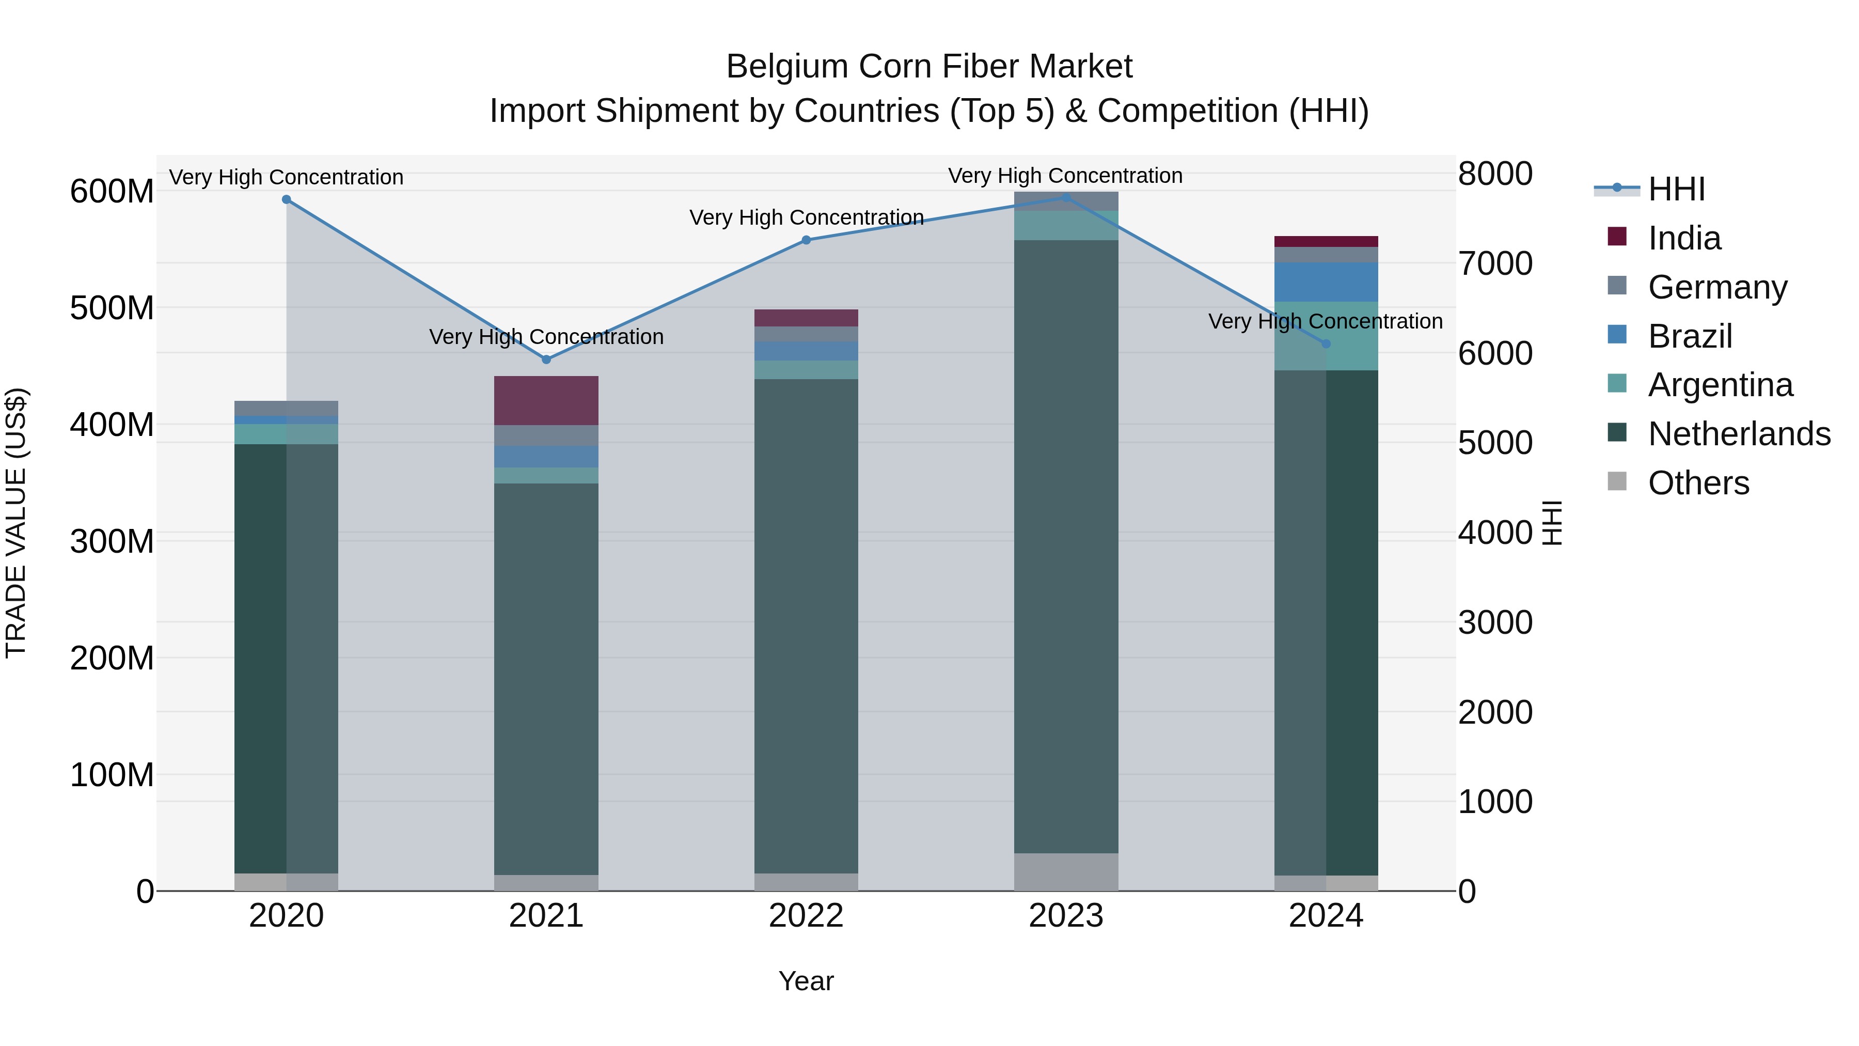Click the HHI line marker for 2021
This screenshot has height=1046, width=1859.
click(x=546, y=360)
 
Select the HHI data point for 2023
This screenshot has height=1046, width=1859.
click(x=1066, y=197)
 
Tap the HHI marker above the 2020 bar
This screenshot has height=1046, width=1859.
click(x=287, y=199)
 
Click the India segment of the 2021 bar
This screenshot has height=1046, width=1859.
click(x=546, y=401)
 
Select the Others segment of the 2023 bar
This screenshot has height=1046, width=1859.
click(x=1066, y=871)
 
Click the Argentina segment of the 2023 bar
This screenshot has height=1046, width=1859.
click(x=1066, y=225)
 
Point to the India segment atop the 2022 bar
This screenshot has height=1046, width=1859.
click(x=806, y=318)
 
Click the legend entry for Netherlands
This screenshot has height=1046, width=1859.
click(x=1739, y=434)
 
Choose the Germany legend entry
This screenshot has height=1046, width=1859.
click(x=1718, y=287)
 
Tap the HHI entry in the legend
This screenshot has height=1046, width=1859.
click(x=1676, y=189)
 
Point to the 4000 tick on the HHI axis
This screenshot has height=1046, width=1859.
click(x=1494, y=533)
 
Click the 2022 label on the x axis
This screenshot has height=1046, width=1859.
click(x=806, y=916)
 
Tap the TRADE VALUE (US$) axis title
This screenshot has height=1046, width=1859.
click(x=16, y=523)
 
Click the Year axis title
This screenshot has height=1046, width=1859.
click(x=806, y=981)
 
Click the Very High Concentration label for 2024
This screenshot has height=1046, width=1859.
click(x=1325, y=321)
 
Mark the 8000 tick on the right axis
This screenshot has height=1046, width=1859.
click(x=1494, y=174)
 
